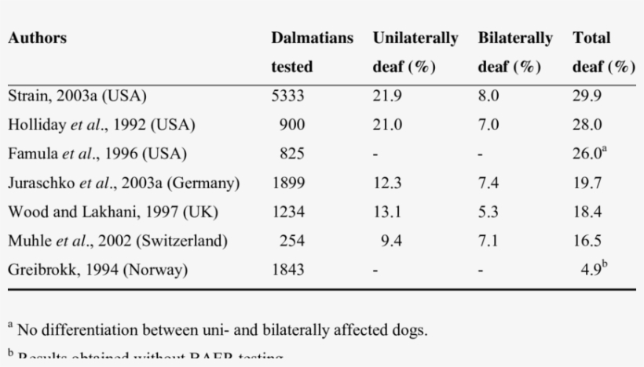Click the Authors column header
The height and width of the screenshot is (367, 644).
37,38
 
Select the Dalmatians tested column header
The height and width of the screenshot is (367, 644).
312,52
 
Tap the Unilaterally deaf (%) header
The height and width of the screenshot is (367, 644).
415,52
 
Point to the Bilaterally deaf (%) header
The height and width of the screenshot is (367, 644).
514,52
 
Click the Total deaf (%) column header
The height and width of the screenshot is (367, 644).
602,52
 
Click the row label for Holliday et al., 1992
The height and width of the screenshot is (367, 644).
101,125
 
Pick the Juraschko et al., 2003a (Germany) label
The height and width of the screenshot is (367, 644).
123,183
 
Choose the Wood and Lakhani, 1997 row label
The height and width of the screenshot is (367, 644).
112,212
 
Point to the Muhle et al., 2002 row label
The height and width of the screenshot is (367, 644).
117,241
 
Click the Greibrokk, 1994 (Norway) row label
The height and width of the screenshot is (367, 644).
97,270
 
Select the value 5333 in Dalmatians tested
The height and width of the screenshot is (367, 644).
288,96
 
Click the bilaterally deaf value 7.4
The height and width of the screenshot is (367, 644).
488,183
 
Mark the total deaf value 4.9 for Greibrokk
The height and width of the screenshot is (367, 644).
593,270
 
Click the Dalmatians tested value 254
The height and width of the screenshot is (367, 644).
292,241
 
